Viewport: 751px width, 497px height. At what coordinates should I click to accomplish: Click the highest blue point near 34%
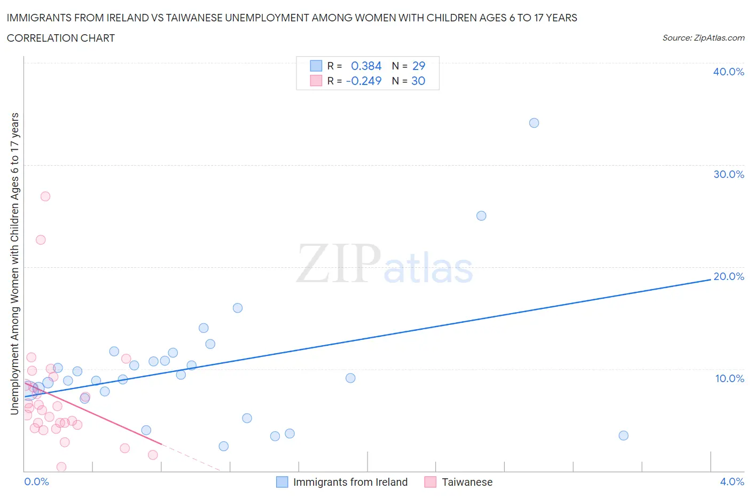(x=534, y=123)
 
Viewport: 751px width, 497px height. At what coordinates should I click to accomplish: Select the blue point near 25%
(x=481, y=216)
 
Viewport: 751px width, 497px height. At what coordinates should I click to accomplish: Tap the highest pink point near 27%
(x=45, y=197)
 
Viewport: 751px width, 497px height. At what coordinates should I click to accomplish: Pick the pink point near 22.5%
(x=41, y=240)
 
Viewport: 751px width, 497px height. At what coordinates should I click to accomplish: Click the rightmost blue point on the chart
(x=623, y=436)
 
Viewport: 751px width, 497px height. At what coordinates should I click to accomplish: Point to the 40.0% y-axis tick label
(x=728, y=72)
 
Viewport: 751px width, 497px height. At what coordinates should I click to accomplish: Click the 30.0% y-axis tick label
(x=728, y=174)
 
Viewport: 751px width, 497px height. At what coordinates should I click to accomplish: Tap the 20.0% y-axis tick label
(x=728, y=276)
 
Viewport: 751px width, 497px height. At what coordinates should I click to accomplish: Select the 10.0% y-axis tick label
(x=729, y=378)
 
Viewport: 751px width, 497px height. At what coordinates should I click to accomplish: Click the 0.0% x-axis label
(x=36, y=482)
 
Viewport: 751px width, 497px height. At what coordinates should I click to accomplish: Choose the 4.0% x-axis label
(x=732, y=482)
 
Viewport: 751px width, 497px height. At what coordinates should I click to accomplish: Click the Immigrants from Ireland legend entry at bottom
(x=350, y=482)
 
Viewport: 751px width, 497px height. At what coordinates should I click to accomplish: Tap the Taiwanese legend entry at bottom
(x=467, y=482)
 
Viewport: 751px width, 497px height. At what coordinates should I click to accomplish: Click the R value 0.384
(x=366, y=66)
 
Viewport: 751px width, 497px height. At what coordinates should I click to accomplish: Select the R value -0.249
(x=364, y=81)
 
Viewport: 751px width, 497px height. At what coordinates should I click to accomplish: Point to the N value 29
(x=418, y=66)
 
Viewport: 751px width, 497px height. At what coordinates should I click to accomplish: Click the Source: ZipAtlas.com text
(x=703, y=37)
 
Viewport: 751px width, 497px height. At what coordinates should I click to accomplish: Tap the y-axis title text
(x=14, y=263)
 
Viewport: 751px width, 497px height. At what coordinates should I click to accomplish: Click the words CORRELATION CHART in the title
(x=61, y=38)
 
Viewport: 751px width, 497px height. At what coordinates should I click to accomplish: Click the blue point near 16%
(x=238, y=308)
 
